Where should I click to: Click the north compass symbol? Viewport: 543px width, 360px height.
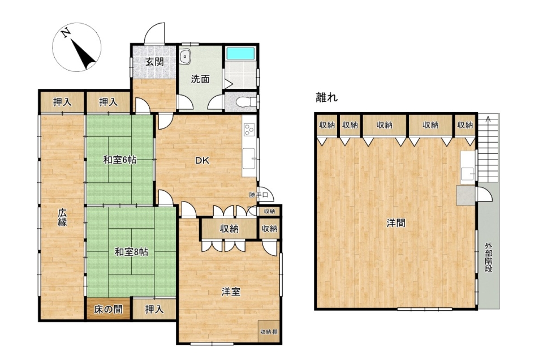(x=76, y=47)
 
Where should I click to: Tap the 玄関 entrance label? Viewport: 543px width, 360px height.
(x=154, y=62)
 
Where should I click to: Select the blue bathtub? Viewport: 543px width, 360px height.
(x=240, y=54)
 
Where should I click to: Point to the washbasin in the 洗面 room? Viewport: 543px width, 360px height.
(x=186, y=55)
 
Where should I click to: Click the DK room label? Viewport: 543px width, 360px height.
(x=202, y=160)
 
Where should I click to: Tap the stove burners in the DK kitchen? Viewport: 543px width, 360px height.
(x=249, y=130)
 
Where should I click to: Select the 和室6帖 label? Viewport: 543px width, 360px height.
(x=120, y=160)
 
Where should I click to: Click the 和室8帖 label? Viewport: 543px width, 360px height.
(x=131, y=251)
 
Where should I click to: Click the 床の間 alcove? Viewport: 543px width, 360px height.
(x=109, y=309)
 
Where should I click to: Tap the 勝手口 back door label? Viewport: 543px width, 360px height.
(x=258, y=195)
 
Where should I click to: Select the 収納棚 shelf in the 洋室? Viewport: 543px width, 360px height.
(x=269, y=332)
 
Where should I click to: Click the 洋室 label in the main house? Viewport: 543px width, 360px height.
(x=231, y=292)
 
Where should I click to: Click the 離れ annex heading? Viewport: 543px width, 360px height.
(x=326, y=97)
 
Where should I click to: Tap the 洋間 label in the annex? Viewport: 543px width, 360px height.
(x=396, y=223)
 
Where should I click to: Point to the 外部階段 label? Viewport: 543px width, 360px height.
(x=488, y=258)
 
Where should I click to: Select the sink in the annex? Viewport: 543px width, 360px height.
(x=468, y=173)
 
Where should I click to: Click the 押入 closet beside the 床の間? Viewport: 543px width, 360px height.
(x=154, y=309)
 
